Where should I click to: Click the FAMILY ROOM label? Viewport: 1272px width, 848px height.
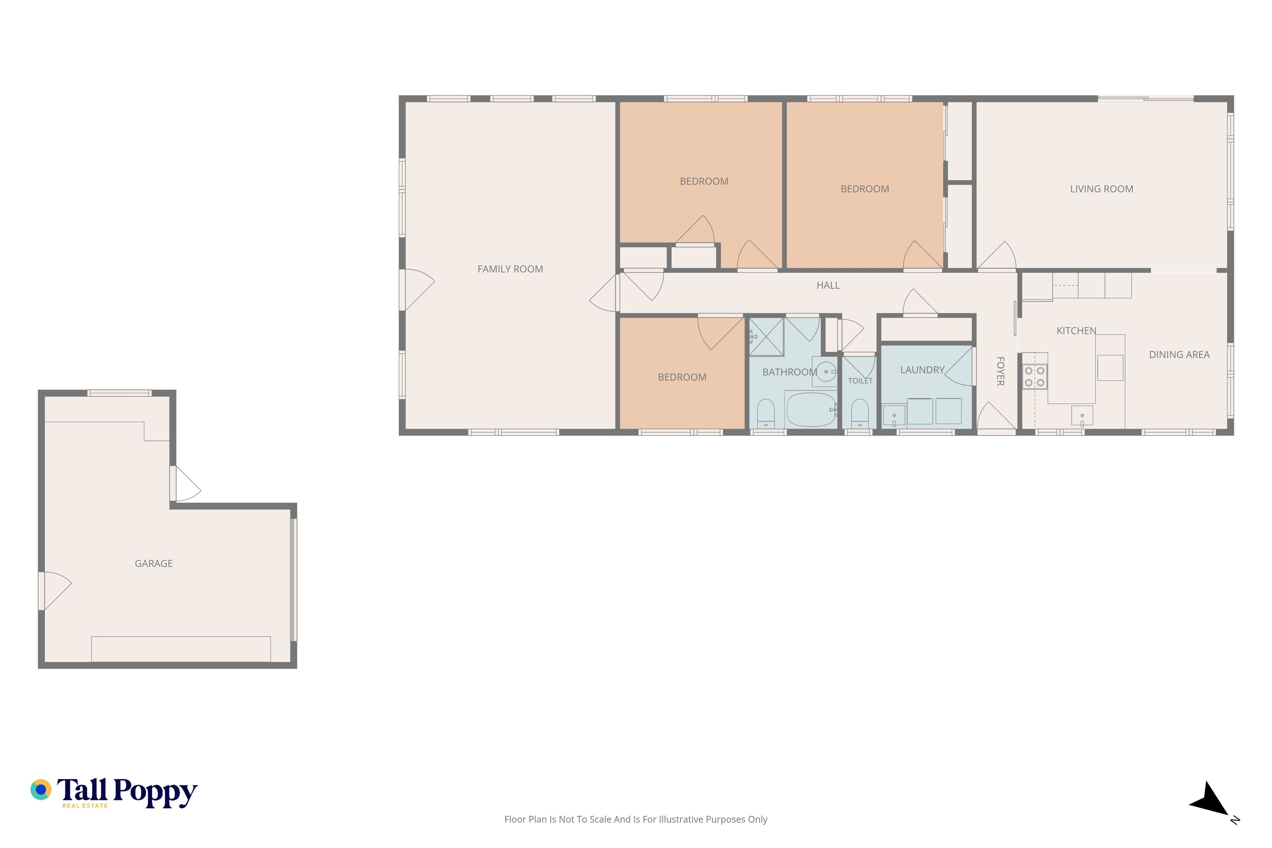(510, 269)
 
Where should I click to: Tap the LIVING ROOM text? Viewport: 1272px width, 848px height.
(1101, 189)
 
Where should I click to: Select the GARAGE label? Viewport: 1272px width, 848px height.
(154, 563)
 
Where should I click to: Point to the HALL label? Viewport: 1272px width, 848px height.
(828, 285)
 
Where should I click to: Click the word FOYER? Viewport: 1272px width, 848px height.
(1000, 371)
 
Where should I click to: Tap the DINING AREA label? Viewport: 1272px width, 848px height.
(1179, 354)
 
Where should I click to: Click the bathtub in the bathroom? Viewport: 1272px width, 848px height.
(810, 409)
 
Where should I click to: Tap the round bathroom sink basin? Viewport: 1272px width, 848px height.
(826, 372)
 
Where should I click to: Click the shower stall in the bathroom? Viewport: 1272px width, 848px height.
(766, 337)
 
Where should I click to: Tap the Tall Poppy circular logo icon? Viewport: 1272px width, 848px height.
(40, 790)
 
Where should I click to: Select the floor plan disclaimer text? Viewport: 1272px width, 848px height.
(635, 819)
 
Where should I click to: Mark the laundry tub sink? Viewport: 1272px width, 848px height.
(894, 415)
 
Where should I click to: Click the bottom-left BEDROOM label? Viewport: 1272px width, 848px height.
(682, 377)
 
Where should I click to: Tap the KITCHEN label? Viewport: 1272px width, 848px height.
(1076, 331)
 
